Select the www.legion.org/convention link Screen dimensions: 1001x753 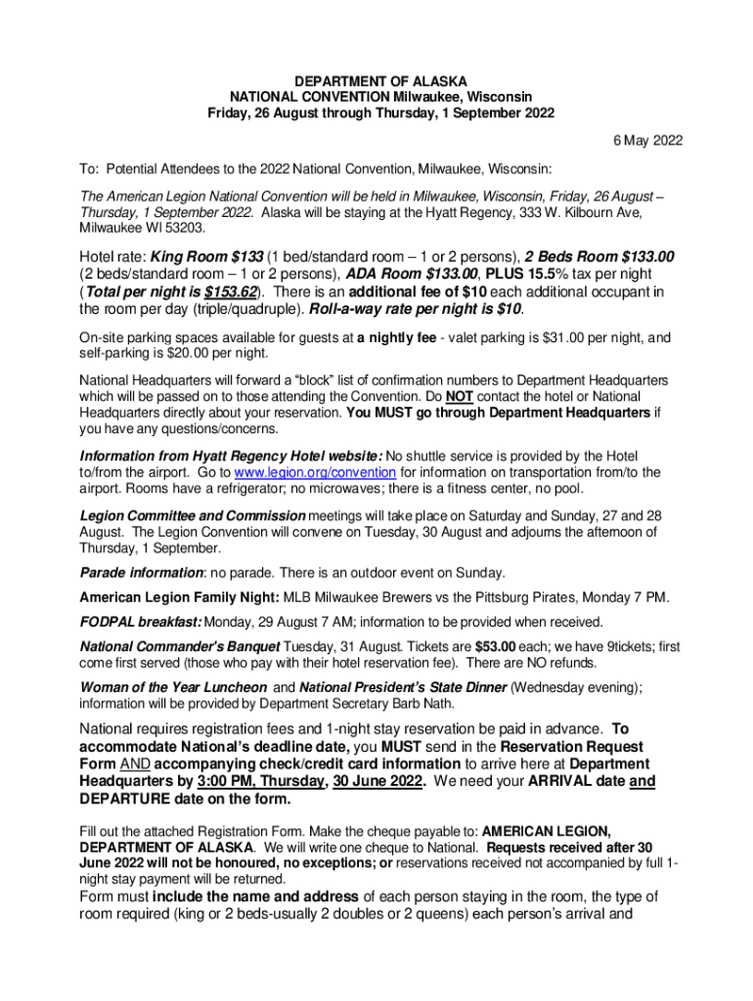coord(314,472)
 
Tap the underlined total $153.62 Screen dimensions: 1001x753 coord(229,292)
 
